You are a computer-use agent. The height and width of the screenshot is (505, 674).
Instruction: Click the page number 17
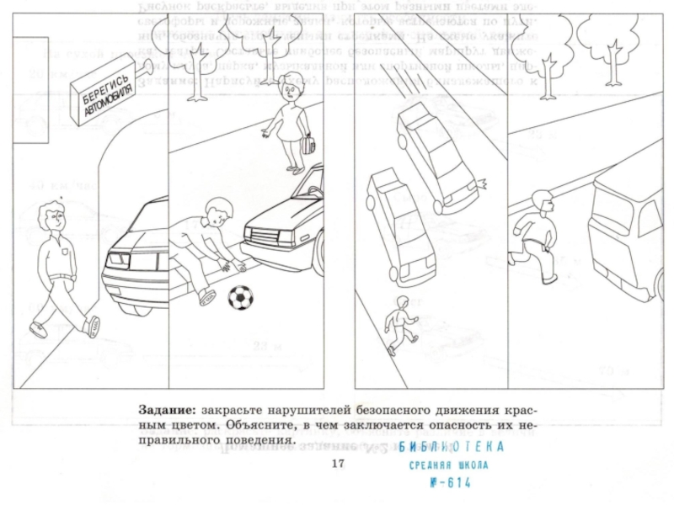click(339, 465)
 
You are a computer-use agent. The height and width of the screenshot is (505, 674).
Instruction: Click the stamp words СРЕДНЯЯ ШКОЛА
click(448, 465)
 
